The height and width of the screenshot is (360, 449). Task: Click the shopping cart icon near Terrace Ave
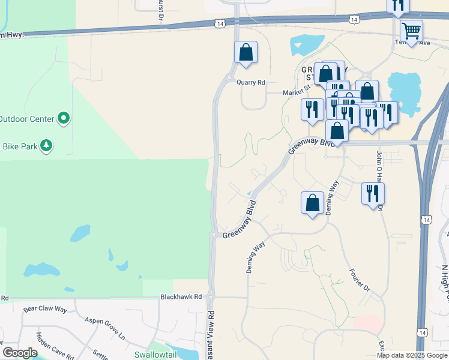[x=411, y=31]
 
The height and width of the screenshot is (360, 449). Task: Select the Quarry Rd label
[x=251, y=83]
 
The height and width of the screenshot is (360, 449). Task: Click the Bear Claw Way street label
[x=46, y=310]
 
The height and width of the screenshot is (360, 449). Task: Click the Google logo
[x=19, y=353]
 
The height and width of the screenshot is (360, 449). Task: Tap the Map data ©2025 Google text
[x=411, y=355]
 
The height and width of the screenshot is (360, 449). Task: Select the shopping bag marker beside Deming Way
[x=312, y=203]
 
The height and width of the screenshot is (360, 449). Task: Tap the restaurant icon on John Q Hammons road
[x=373, y=194]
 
